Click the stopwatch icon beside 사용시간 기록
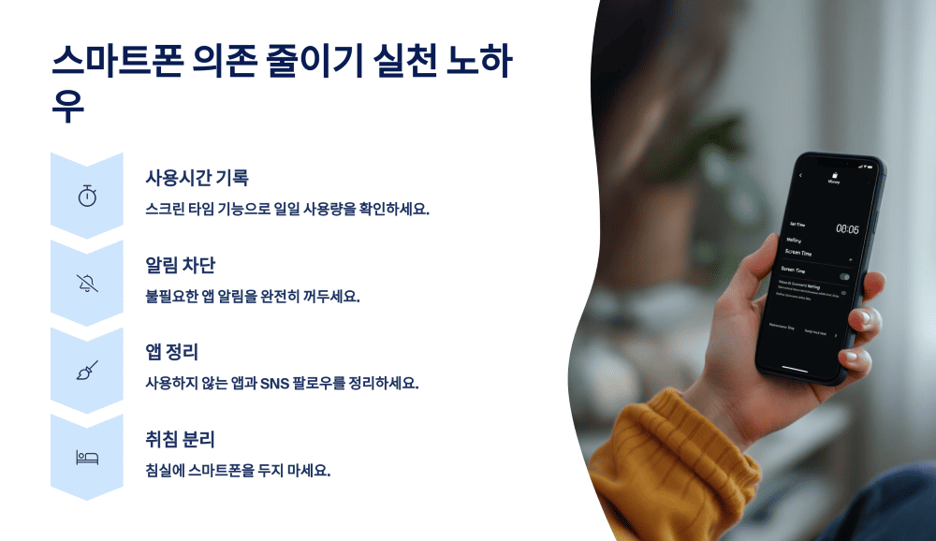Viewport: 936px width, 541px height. click(x=87, y=197)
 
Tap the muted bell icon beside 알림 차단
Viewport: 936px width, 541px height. click(x=87, y=284)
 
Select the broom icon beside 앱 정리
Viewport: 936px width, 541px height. click(x=87, y=371)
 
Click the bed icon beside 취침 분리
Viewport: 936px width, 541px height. click(x=87, y=457)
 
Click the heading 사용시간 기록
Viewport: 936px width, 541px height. click(x=197, y=178)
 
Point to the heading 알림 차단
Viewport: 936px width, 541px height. click(x=181, y=265)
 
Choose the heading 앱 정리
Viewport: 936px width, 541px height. click(x=171, y=352)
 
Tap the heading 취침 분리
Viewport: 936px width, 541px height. click(x=181, y=439)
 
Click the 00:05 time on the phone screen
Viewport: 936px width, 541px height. click(x=846, y=229)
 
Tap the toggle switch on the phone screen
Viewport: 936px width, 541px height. click(x=844, y=277)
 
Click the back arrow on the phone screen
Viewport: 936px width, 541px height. click(x=801, y=176)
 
